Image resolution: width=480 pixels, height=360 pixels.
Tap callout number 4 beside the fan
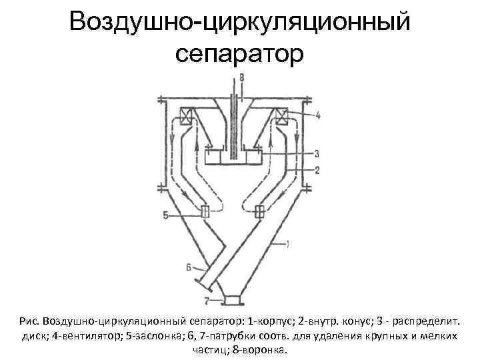[x=317, y=115]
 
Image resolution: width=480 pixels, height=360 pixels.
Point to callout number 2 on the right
[x=317, y=169]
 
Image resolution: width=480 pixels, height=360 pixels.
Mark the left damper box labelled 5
[x=205, y=212]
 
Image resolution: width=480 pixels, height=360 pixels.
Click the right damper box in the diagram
[x=259, y=212]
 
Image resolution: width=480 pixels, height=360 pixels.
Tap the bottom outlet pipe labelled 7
[x=233, y=299]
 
